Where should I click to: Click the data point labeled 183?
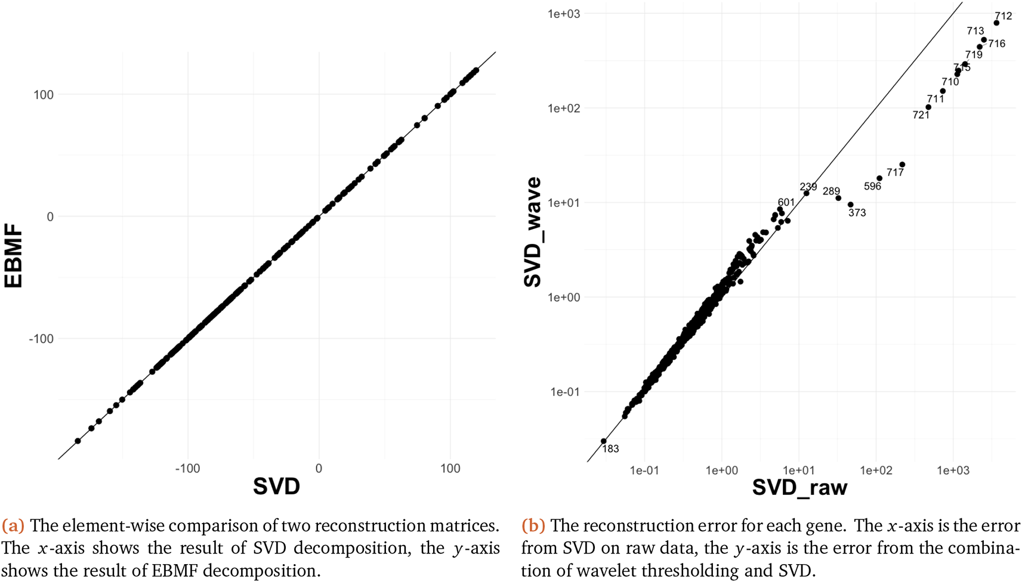(x=604, y=441)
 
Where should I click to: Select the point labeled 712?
(x=996, y=23)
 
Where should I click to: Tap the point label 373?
(x=857, y=213)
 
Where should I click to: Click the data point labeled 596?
(x=879, y=178)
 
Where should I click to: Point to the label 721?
(x=921, y=115)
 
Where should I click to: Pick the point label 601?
(x=786, y=202)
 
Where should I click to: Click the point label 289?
(x=831, y=191)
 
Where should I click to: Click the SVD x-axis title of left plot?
(x=276, y=486)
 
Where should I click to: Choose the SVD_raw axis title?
(x=799, y=487)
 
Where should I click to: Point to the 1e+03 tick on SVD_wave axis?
(x=564, y=13)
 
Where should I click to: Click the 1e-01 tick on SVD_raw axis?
(x=644, y=470)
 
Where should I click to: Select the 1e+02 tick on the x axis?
(x=876, y=470)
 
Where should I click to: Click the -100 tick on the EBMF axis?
(x=41, y=339)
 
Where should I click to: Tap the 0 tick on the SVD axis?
(x=319, y=469)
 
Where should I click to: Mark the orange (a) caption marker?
(x=13, y=525)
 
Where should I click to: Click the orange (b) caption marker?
(x=533, y=525)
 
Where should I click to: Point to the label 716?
(x=996, y=44)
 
